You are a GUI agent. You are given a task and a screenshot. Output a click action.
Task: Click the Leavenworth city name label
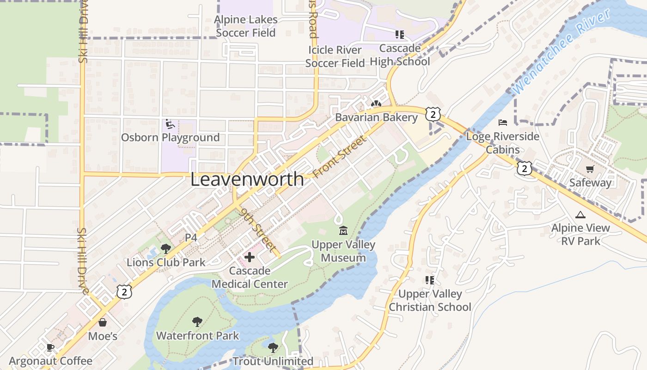(x=247, y=179)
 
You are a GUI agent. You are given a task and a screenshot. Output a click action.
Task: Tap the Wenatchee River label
(x=561, y=52)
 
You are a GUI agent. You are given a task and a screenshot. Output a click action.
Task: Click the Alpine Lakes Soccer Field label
(x=246, y=26)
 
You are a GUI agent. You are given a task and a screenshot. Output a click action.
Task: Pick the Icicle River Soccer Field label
(x=336, y=56)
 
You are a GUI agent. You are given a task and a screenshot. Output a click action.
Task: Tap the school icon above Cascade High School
(x=400, y=34)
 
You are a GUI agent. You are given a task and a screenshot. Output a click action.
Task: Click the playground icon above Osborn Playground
(x=170, y=124)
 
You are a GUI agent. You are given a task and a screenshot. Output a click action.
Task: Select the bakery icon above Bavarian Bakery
(x=376, y=105)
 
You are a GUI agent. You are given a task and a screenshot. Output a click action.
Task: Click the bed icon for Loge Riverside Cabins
(x=503, y=123)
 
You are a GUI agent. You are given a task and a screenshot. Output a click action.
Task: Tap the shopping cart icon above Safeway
(x=590, y=169)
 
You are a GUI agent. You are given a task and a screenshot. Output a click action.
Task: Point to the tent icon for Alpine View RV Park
(x=580, y=215)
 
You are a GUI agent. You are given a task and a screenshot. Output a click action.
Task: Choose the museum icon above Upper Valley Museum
(x=343, y=231)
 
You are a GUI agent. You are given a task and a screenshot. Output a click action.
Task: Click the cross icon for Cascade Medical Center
(x=250, y=257)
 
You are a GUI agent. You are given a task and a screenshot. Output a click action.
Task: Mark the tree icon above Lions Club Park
(x=166, y=249)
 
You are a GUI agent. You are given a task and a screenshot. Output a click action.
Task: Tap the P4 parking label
(x=191, y=238)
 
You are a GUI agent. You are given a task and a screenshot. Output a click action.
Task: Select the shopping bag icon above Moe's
(x=103, y=322)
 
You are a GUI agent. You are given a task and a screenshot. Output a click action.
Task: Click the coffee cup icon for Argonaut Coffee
(x=50, y=347)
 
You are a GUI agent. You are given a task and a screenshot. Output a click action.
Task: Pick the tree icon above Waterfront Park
(x=197, y=321)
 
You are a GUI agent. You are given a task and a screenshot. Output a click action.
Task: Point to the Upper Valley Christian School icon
(x=430, y=280)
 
